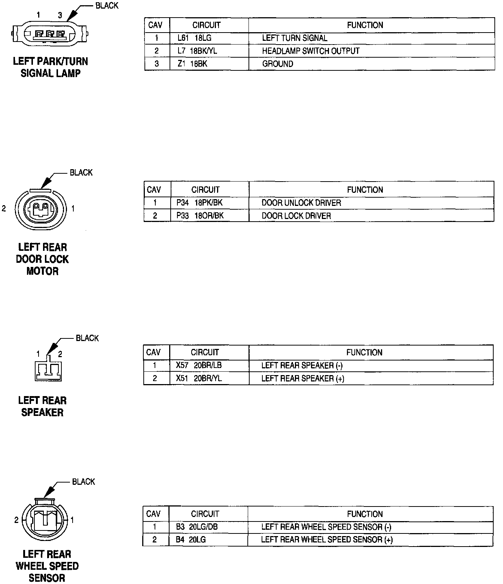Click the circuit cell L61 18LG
(x=194, y=38)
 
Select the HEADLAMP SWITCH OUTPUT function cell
(x=311, y=51)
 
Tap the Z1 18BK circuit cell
(x=192, y=64)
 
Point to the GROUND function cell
(x=277, y=64)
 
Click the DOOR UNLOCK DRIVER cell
(x=301, y=203)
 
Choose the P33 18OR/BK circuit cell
(x=200, y=216)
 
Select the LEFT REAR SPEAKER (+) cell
(x=302, y=378)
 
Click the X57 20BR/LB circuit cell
(x=199, y=365)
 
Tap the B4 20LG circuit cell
(x=191, y=539)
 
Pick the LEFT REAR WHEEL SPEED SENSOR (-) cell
(x=326, y=527)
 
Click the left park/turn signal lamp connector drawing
(x=50, y=34)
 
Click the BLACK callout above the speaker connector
(x=87, y=338)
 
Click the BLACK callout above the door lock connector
(x=81, y=173)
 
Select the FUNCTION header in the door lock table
(x=365, y=190)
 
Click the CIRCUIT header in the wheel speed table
(x=205, y=514)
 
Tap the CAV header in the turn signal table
(x=155, y=25)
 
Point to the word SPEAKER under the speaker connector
(x=42, y=412)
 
